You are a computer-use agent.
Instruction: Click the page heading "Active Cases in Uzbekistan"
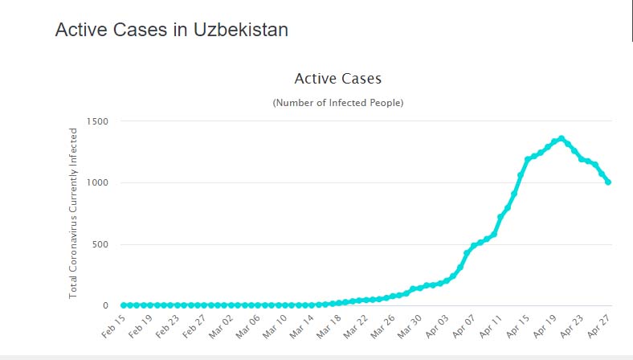click(171, 30)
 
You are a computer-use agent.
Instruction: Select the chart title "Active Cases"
click(337, 79)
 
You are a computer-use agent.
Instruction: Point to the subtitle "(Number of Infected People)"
click(337, 103)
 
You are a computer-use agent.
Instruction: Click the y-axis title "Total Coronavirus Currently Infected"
click(73, 213)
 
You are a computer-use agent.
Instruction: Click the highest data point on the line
click(561, 138)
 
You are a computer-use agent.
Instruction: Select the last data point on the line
click(608, 182)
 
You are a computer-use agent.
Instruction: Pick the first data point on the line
click(124, 305)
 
